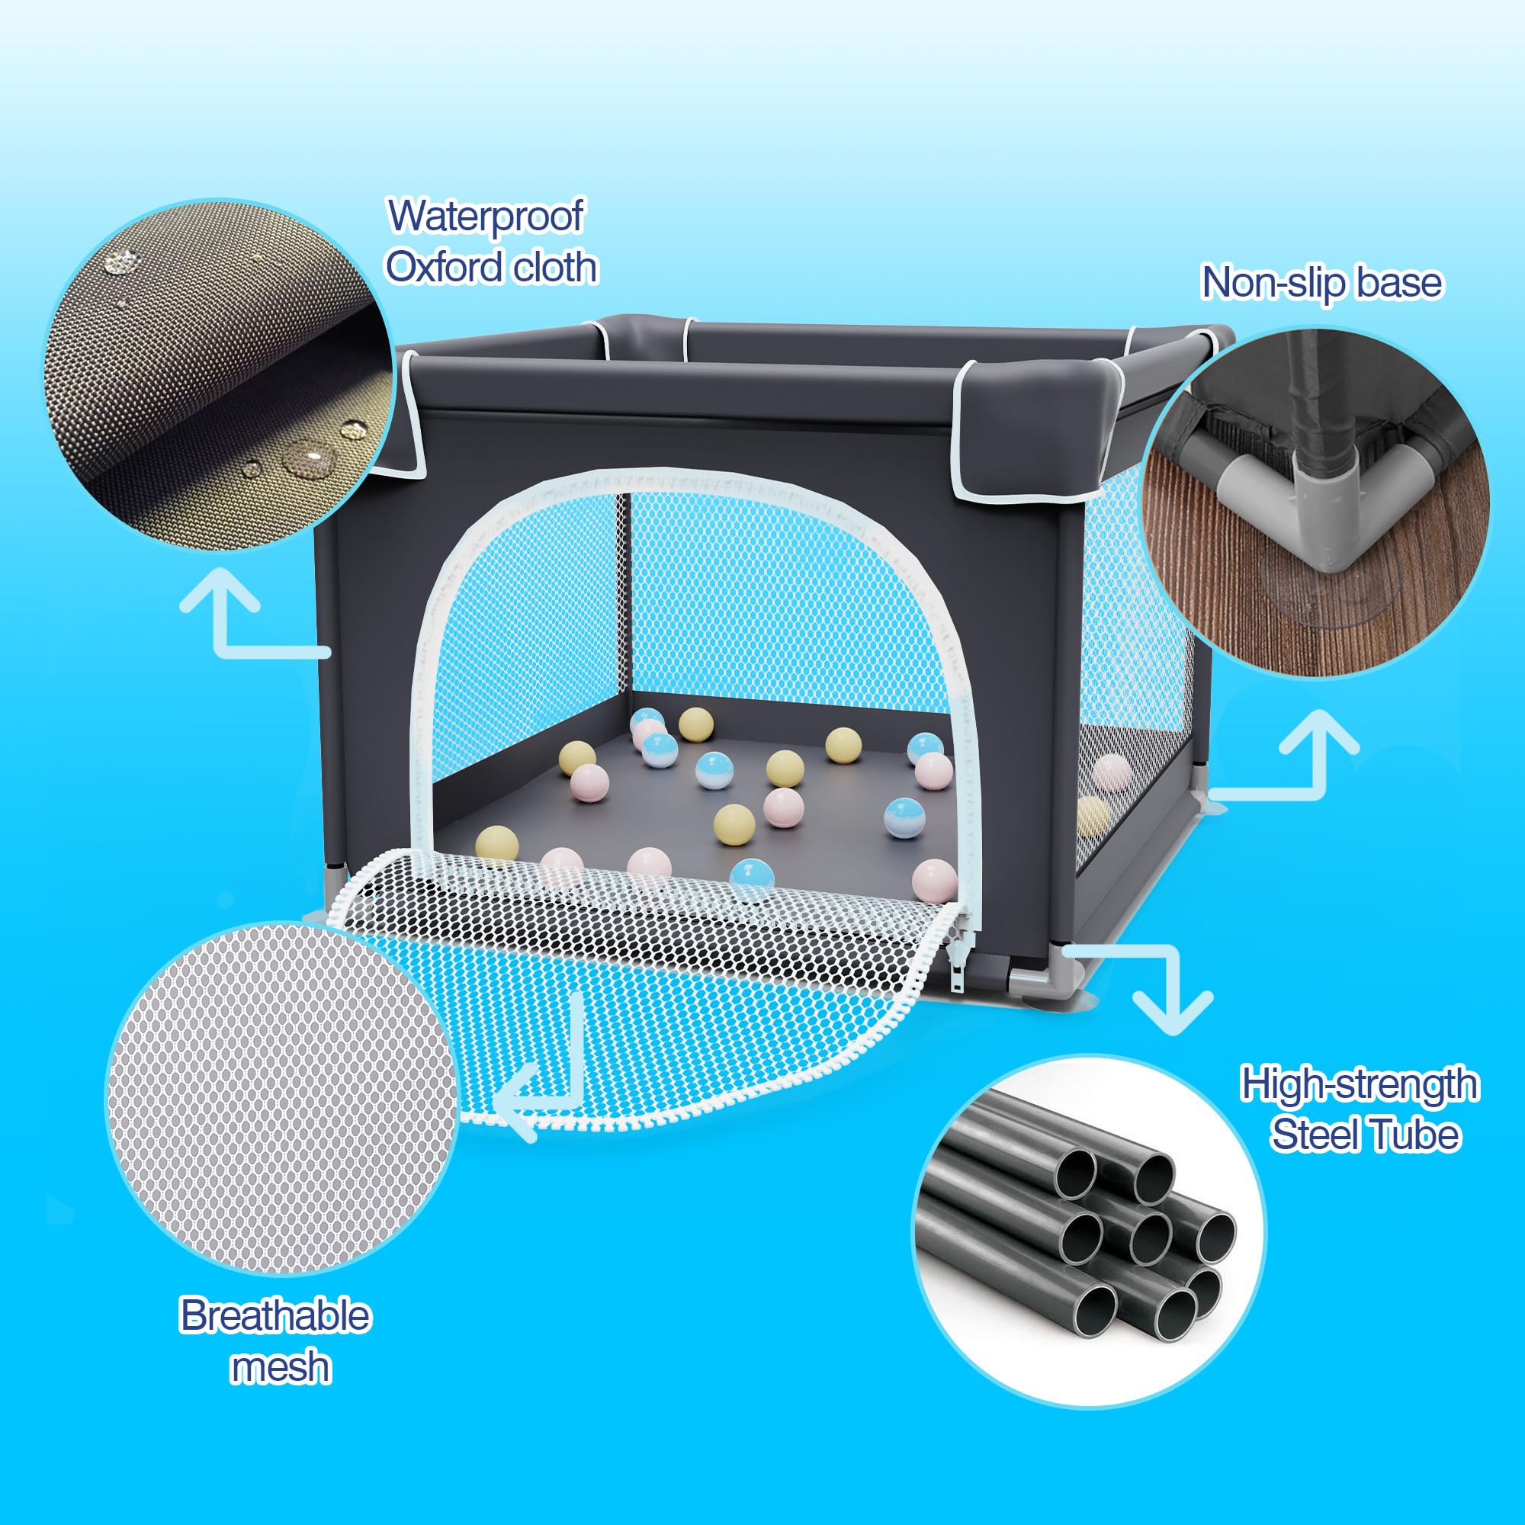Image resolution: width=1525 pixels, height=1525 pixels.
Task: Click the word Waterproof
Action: pyautogui.click(x=486, y=217)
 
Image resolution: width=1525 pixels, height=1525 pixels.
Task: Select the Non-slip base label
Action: pyautogui.click(x=1321, y=283)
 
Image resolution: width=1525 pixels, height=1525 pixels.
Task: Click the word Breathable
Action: pyautogui.click(x=274, y=1316)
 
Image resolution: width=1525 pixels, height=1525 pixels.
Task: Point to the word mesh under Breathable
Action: pyautogui.click(x=280, y=1367)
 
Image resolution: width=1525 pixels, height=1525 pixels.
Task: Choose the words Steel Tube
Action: pyautogui.click(x=1365, y=1135)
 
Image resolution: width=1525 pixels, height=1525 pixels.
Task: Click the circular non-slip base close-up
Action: pyautogui.click(x=1315, y=502)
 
